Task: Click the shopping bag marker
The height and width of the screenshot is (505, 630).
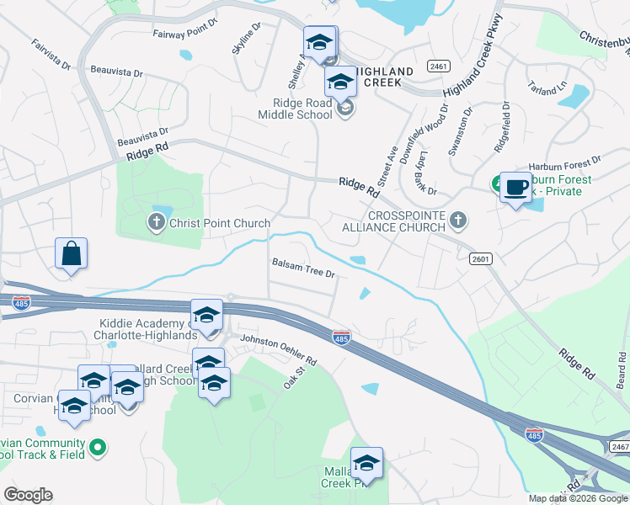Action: click(x=72, y=253)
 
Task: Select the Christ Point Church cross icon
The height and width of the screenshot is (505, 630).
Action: click(x=156, y=223)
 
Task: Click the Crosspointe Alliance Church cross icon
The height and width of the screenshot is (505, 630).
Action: click(x=457, y=221)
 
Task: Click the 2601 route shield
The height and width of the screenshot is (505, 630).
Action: click(x=480, y=259)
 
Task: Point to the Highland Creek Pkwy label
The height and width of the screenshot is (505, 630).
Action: click(x=472, y=56)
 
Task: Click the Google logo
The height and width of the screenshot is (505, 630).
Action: click(x=28, y=495)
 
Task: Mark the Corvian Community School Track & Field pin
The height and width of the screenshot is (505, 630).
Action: click(x=98, y=448)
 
